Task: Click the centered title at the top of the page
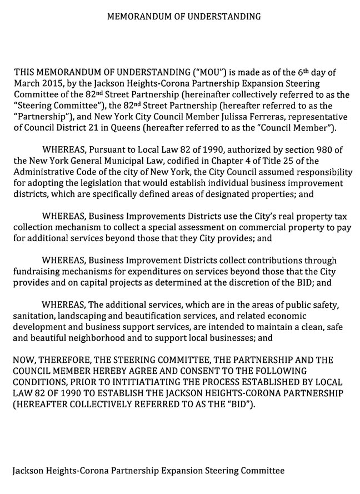pyautogui.click(x=184, y=17)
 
